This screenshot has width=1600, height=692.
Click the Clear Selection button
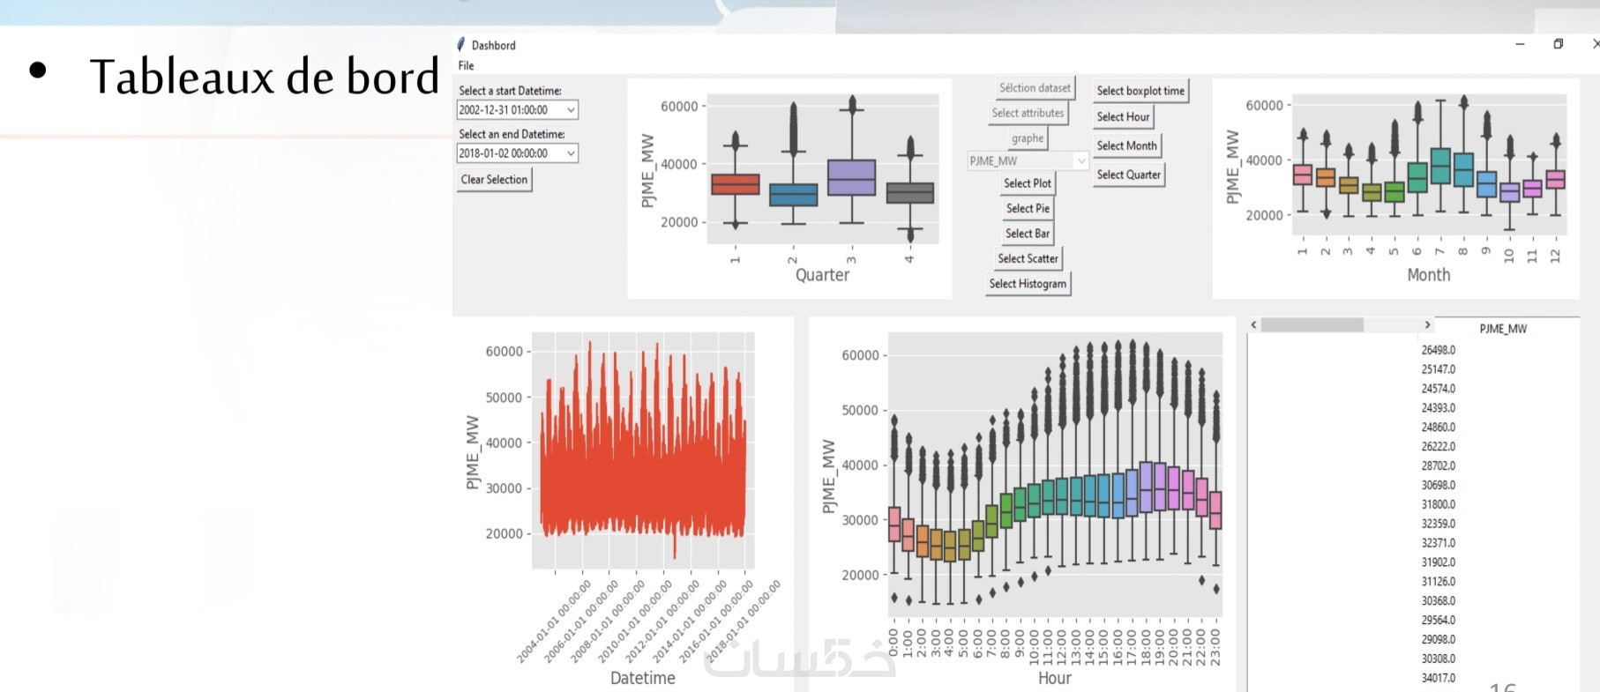(494, 180)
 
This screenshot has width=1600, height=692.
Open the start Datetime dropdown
(571, 110)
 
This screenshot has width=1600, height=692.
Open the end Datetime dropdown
(571, 153)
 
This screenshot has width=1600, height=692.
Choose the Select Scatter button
(1028, 258)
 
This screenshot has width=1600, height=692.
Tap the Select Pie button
(1028, 208)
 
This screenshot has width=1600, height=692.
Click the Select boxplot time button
(1140, 91)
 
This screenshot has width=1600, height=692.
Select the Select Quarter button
(1128, 175)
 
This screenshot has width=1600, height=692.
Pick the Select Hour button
(1123, 116)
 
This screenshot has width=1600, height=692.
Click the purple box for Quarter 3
(851, 177)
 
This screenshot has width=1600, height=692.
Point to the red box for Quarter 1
(735, 184)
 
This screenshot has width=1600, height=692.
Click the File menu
(466, 65)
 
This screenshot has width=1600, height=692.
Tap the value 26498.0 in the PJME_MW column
(1438, 350)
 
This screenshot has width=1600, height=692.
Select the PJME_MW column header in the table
(1502, 329)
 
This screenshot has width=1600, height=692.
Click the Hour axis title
(1054, 678)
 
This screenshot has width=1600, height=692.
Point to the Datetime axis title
(642, 678)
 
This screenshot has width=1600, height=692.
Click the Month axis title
(1428, 275)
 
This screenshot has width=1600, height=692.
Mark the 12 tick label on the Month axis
(1554, 255)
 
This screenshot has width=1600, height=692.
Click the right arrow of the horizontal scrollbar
(1427, 325)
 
